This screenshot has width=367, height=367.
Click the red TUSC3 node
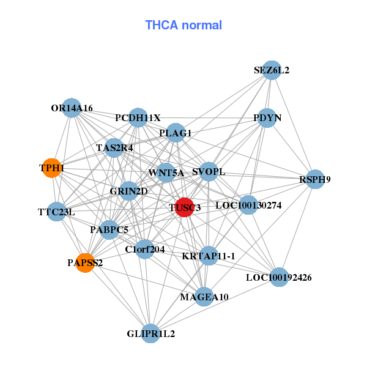click(x=184, y=207)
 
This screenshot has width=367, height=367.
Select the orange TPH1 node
click(x=52, y=168)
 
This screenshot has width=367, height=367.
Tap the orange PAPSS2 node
click(x=85, y=262)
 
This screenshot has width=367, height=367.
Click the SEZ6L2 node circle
click(x=272, y=70)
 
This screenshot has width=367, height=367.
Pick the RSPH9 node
click(x=315, y=179)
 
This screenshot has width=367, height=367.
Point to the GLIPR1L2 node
click(x=150, y=334)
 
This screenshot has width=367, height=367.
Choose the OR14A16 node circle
click(x=72, y=108)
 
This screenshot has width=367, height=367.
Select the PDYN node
click(x=267, y=117)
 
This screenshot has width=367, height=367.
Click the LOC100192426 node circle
click(x=279, y=277)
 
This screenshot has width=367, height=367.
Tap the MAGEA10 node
click(x=204, y=297)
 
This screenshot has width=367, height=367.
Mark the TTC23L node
click(x=56, y=212)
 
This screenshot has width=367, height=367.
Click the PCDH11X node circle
click(x=138, y=117)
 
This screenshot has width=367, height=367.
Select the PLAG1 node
click(x=176, y=133)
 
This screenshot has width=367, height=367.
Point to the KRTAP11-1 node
click(x=209, y=256)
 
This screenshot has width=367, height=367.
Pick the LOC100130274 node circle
click(x=248, y=205)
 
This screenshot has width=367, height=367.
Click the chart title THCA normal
click(x=183, y=25)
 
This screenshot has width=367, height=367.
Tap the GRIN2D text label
click(x=128, y=191)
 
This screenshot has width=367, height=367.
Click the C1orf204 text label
click(x=145, y=249)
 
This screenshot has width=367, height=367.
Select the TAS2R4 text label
click(x=114, y=147)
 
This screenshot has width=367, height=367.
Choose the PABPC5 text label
click(x=109, y=230)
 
